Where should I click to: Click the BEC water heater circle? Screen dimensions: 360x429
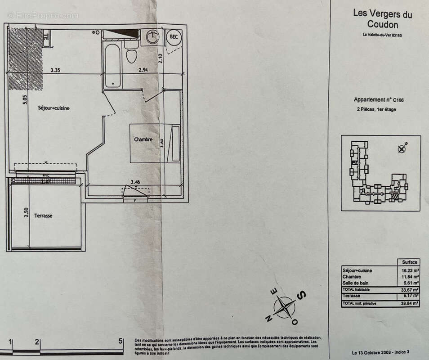coord(174,37)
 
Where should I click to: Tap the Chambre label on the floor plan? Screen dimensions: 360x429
coord(143,139)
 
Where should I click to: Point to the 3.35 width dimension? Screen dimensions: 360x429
coord(55,70)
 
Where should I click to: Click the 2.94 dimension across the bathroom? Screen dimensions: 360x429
coord(143,70)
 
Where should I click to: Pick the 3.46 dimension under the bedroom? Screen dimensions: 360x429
coord(134,182)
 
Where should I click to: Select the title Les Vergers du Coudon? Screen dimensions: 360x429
coord(382,19)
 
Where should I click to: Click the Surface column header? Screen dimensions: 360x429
coord(408,262)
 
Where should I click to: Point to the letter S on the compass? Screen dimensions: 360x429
coord(302,295)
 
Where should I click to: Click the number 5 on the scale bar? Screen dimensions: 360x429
coord(120,341)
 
